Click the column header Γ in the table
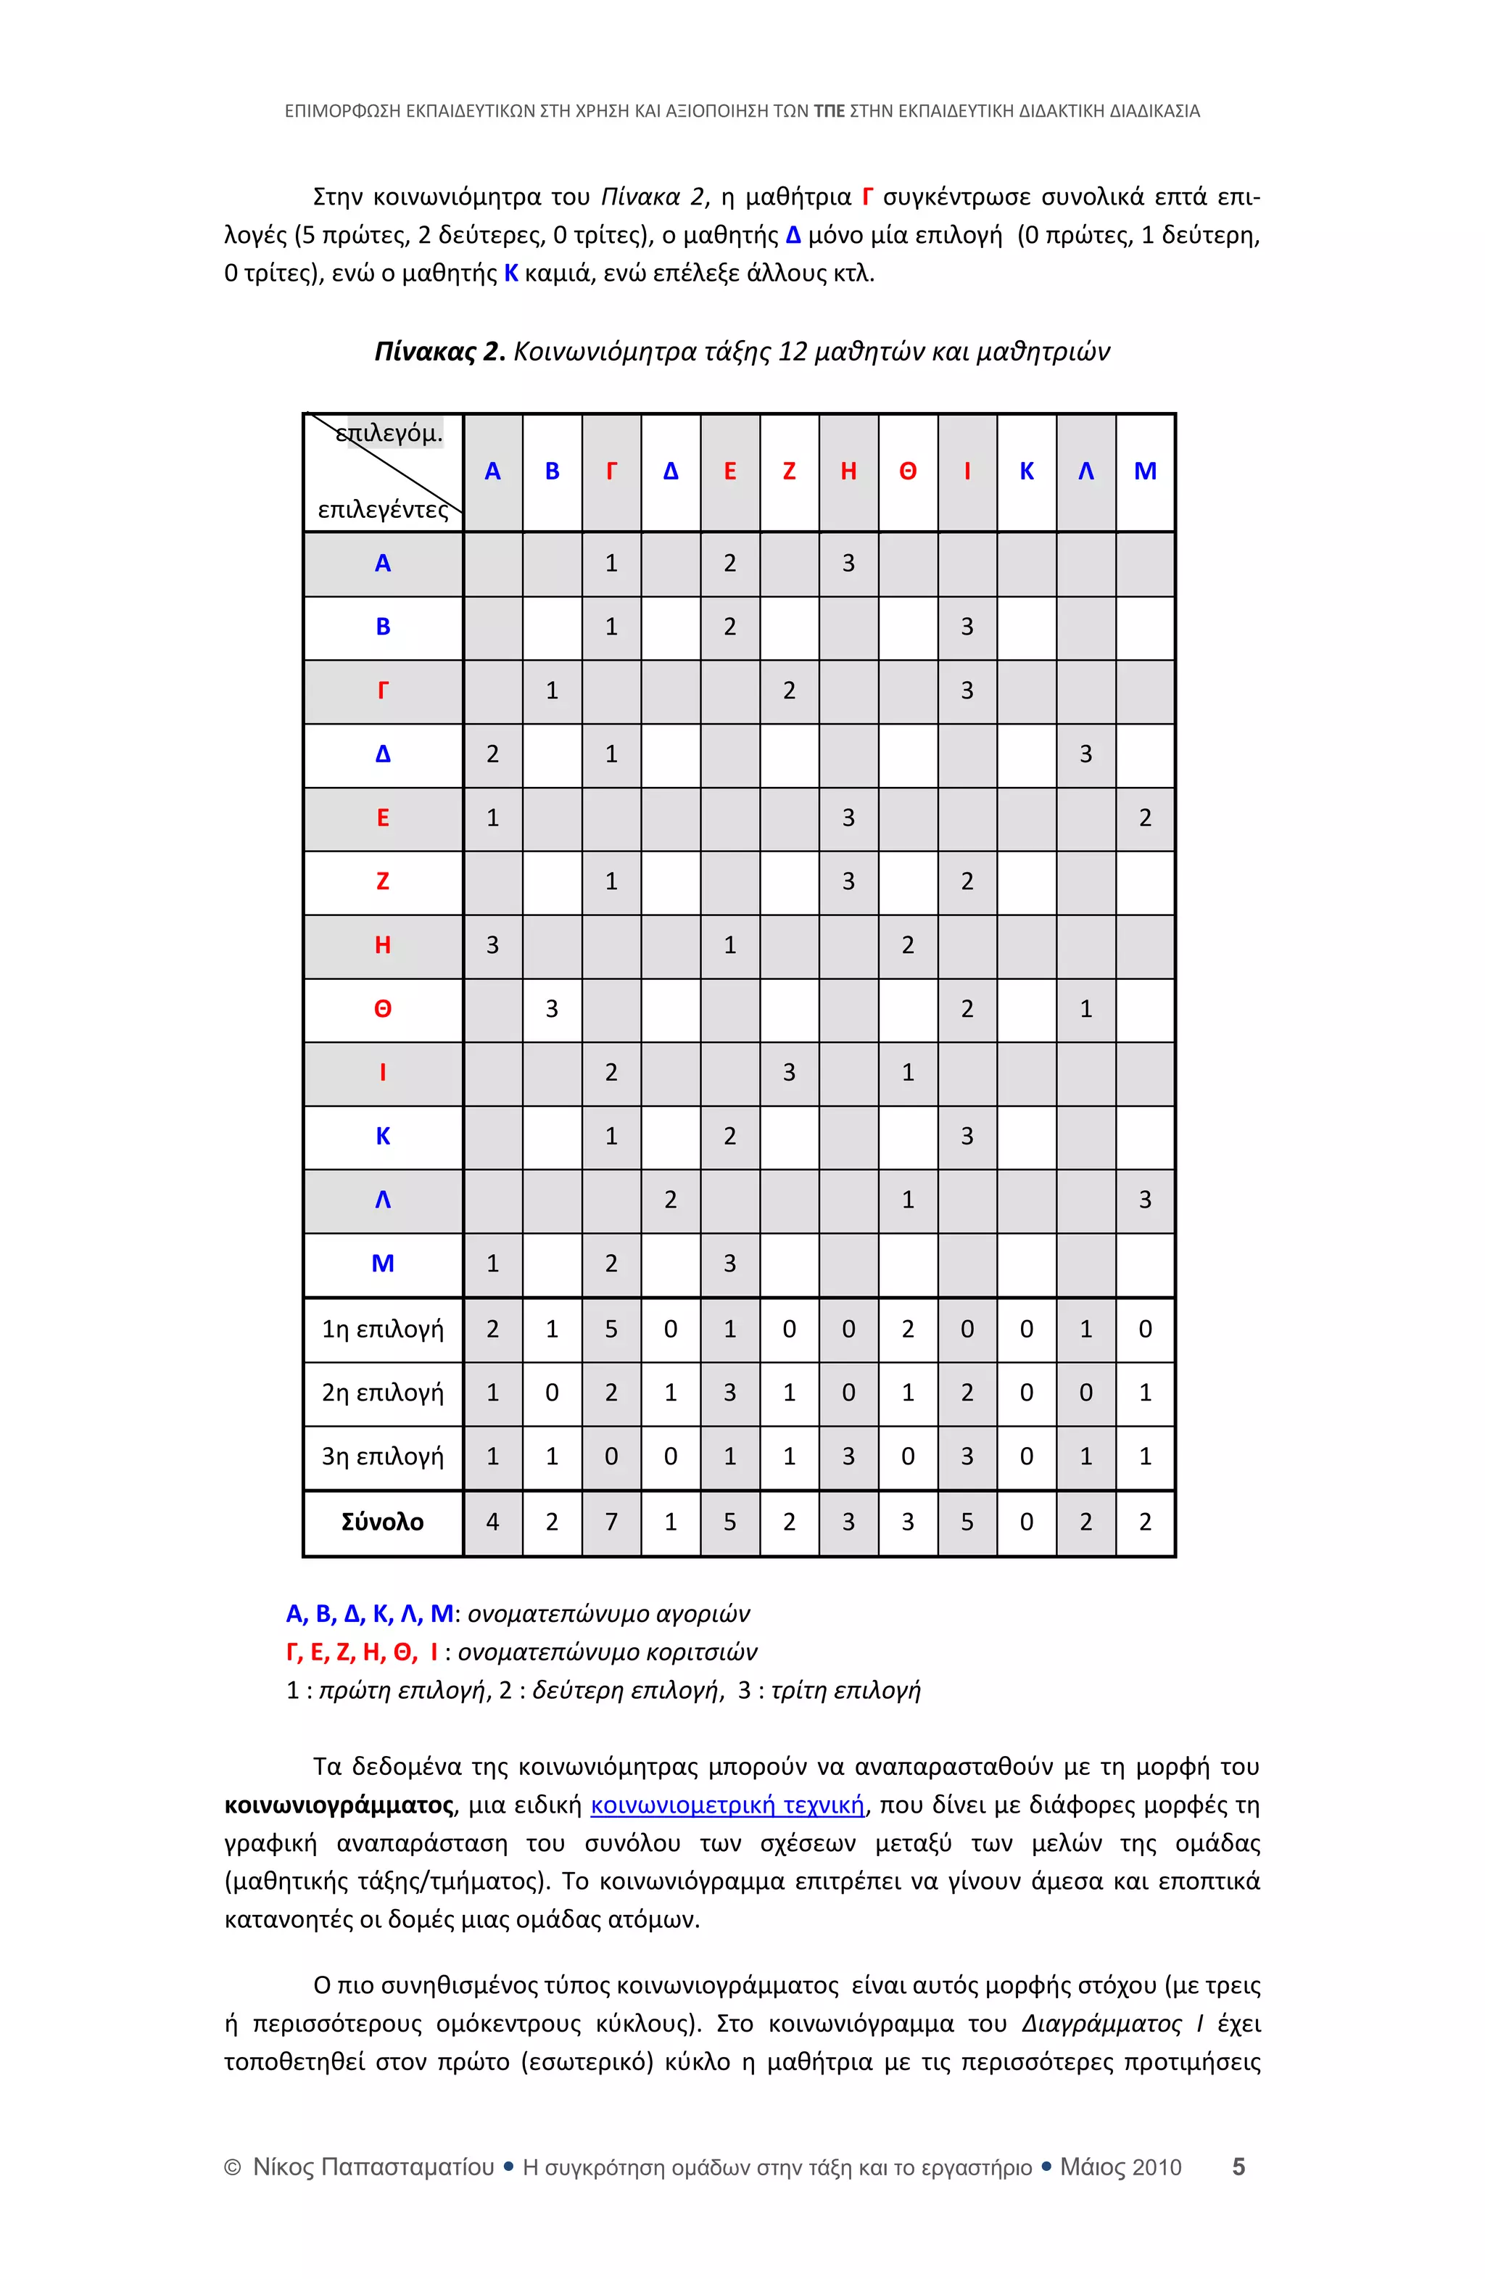611,471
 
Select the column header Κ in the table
1027,471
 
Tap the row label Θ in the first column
382,1008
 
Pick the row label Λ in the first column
382,1200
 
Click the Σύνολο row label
382,1522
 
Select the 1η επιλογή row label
382,1329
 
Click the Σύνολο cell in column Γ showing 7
611,1522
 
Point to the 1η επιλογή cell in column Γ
611,1329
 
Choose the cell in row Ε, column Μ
1145,817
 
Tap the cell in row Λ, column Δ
670,1200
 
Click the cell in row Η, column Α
492,945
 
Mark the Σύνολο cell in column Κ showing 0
1027,1522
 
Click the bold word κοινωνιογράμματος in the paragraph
338,1805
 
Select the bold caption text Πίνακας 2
439,353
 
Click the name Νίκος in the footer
284,2167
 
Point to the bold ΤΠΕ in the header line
828,111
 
